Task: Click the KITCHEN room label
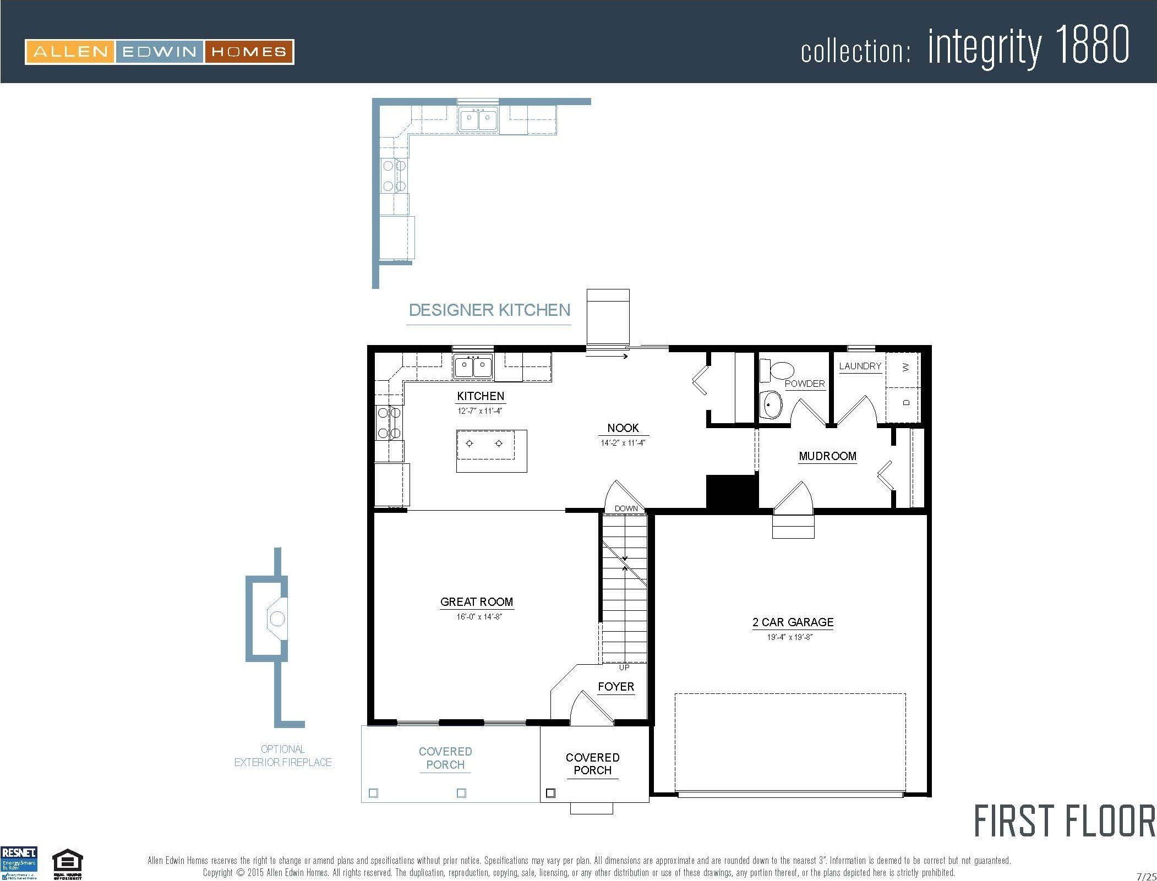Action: point(480,396)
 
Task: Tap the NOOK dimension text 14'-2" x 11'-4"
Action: point(623,442)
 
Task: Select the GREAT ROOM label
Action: point(476,601)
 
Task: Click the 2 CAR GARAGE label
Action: point(793,622)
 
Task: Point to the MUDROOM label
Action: point(827,456)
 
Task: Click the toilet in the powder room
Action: point(777,370)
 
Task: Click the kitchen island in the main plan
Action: point(491,451)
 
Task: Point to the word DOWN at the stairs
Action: point(626,508)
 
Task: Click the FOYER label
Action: point(616,686)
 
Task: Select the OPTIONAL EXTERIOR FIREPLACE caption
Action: point(283,756)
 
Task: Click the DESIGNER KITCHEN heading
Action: point(489,310)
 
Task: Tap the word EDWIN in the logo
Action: point(159,52)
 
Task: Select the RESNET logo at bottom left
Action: point(19,863)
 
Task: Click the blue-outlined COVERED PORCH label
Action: point(445,758)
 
